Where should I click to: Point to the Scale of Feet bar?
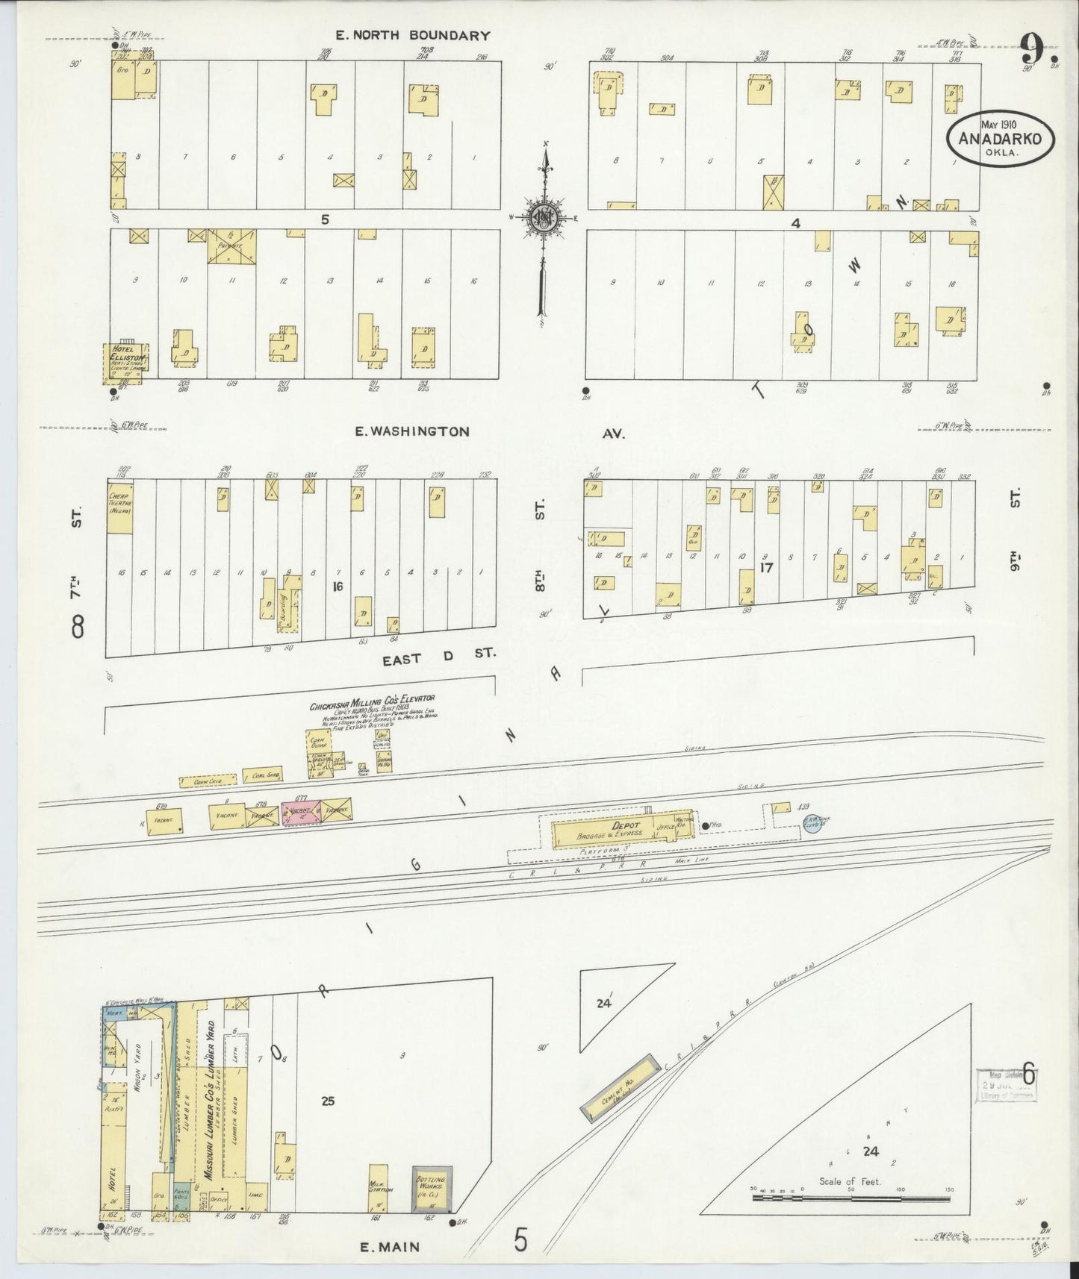851,1198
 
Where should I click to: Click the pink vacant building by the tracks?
300,813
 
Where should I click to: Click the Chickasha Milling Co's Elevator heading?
372,702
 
